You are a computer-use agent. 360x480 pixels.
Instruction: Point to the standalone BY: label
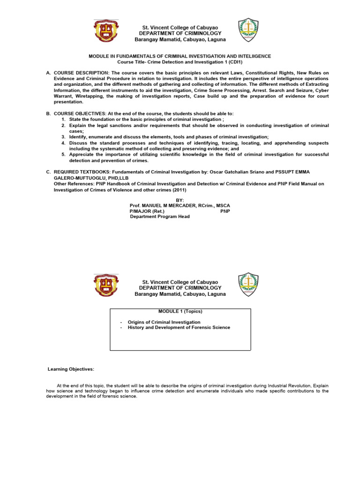point(180,200)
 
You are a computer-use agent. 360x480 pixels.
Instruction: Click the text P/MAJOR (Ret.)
point(147,211)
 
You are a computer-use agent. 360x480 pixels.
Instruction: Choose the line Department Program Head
point(159,217)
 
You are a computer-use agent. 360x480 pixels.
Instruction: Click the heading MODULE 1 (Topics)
point(180,312)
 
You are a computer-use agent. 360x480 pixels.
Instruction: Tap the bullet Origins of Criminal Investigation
point(164,322)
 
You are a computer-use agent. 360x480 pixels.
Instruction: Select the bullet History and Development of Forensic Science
point(179,328)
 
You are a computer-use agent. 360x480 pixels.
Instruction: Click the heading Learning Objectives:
point(71,369)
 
